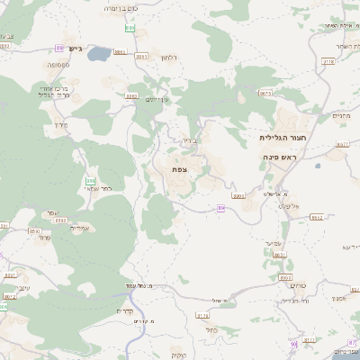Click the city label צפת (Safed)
[178, 169]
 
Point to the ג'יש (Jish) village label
[74, 49]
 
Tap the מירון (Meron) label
[61, 124]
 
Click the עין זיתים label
[157, 99]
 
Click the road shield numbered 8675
[265, 93]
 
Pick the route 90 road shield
[293, 345]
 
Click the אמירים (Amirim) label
[54, 226]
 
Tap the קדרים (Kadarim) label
[125, 310]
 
